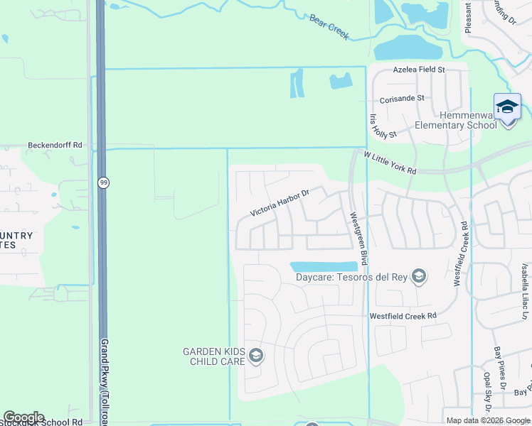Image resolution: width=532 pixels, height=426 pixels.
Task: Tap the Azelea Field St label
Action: [x=420, y=70]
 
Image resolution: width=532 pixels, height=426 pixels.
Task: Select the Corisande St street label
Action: [x=402, y=98]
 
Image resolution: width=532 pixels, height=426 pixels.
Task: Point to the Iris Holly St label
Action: [x=383, y=125]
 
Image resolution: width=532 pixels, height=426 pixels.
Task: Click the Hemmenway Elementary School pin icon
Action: [x=507, y=108]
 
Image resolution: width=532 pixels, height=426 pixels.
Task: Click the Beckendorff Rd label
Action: [x=55, y=145]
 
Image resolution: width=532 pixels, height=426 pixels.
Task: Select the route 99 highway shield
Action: [x=104, y=182]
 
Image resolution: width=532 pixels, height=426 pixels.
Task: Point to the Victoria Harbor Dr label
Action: [x=280, y=203]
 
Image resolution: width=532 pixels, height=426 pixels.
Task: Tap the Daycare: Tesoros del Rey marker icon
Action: [x=419, y=276]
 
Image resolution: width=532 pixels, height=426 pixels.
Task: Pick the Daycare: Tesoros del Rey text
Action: [x=351, y=277]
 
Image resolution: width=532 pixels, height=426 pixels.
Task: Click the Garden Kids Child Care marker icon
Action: [x=255, y=355]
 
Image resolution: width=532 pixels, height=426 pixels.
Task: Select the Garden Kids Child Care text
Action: [x=213, y=356]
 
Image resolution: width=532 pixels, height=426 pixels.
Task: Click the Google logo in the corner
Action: [x=23, y=417]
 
